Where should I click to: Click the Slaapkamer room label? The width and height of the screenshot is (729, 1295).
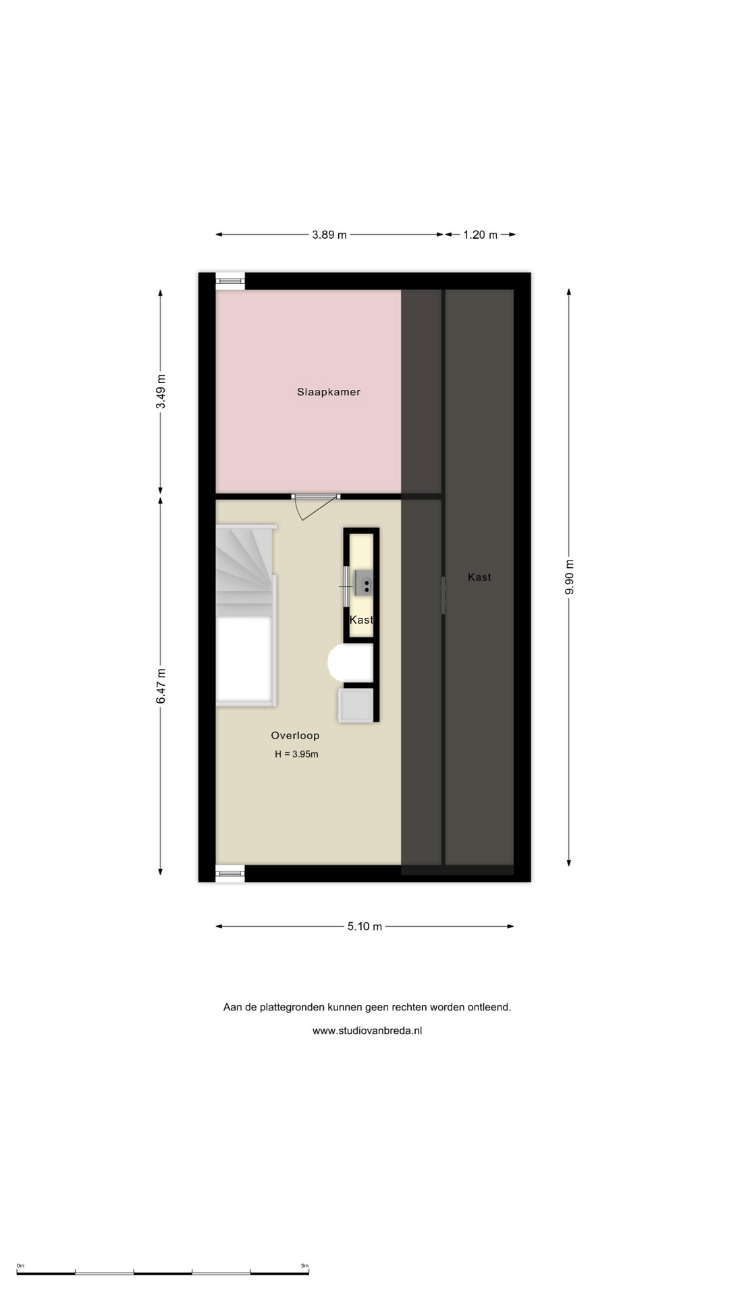click(329, 392)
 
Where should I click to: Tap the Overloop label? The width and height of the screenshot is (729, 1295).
click(295, 736)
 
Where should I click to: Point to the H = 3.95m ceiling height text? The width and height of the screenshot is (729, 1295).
click(296, 754)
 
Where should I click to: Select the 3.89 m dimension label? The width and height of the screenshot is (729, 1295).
click(329, 235)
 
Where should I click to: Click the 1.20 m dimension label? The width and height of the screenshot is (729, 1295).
click(480, 235)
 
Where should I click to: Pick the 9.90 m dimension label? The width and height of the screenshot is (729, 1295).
click(569, 577)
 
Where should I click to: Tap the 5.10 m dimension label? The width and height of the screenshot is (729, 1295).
click(364, 927)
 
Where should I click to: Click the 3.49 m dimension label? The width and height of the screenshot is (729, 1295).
click(161, 392)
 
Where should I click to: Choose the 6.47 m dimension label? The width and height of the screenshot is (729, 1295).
click(161, 687)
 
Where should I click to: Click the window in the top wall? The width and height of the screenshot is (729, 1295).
click(230, 281)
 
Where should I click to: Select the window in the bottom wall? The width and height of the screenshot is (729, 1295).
click(230, 873)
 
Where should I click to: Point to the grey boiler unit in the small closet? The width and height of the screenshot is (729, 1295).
click(363, 583)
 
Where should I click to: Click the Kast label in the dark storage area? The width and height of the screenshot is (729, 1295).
click(479, 577)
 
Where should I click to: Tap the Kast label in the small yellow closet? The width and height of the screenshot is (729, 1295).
click(361, 620)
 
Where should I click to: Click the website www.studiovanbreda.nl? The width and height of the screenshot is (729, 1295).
click(367, 1031)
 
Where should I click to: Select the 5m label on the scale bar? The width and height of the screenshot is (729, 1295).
click(304, 1266)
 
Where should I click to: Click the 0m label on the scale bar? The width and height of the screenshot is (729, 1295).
click(20, 1266)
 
